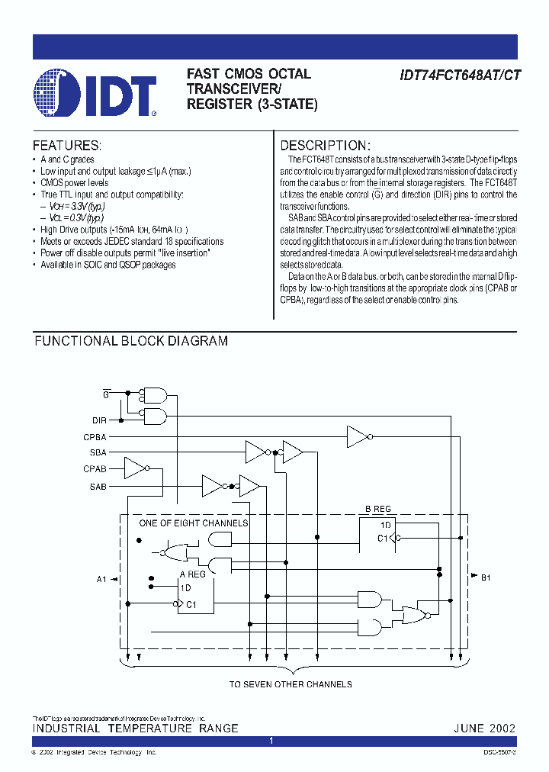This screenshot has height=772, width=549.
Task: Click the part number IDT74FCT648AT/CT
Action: [459, 75]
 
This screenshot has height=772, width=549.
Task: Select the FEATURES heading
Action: [67, 145]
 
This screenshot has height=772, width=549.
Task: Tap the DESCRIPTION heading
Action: [326, 145]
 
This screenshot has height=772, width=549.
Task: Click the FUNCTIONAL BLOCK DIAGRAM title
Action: [130, 341]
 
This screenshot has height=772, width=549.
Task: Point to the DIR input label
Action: [99, 420]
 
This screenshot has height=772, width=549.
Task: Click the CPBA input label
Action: [95, 437]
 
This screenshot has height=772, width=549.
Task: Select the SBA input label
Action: [98, 452]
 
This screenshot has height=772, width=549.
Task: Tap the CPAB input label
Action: [95, 469]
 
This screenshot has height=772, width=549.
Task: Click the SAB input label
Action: [98, 486]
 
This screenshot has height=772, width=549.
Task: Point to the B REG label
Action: [377, 510]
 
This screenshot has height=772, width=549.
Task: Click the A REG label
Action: [193, 574]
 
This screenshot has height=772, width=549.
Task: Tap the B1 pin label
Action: [485, 577]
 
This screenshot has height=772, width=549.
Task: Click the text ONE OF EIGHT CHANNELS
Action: [193, 523]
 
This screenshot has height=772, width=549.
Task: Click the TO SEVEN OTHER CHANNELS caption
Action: [291, 684]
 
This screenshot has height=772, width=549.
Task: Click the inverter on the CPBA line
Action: [358, 437]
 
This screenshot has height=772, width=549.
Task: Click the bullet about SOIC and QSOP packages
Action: [108, 265]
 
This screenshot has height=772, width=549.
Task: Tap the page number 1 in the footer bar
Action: [271, 741]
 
